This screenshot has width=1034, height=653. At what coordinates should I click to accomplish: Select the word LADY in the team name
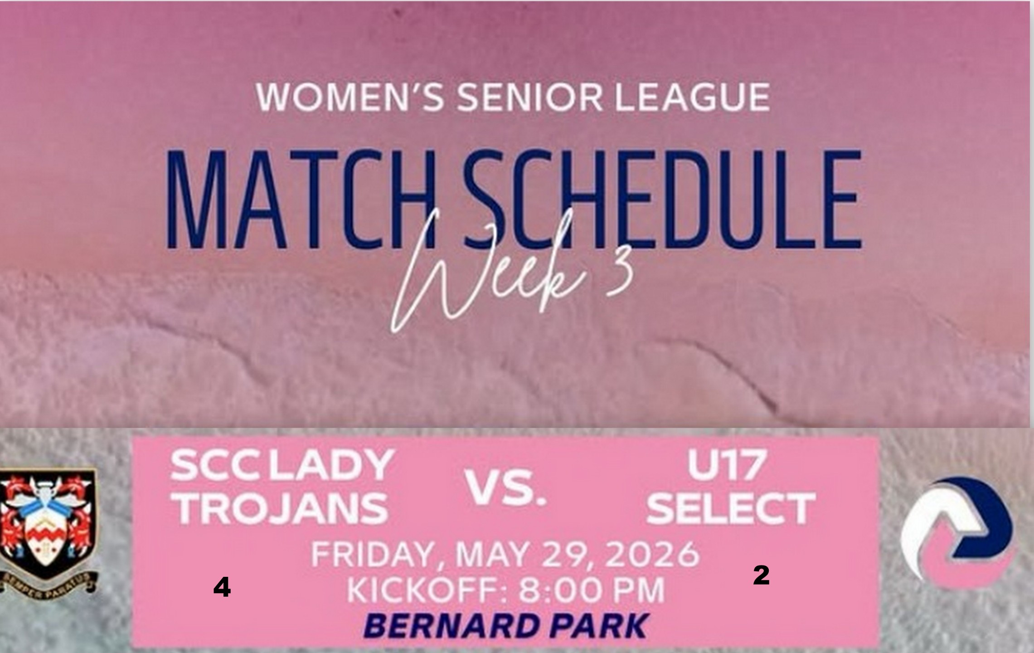330,466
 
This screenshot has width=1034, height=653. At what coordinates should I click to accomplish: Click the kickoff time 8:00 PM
592,590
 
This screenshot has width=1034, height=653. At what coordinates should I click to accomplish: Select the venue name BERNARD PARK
506,626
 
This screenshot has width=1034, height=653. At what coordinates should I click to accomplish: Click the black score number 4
222,589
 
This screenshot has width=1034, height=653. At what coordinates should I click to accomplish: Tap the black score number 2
762,576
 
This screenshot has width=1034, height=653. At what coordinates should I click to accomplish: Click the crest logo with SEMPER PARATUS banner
48,531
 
